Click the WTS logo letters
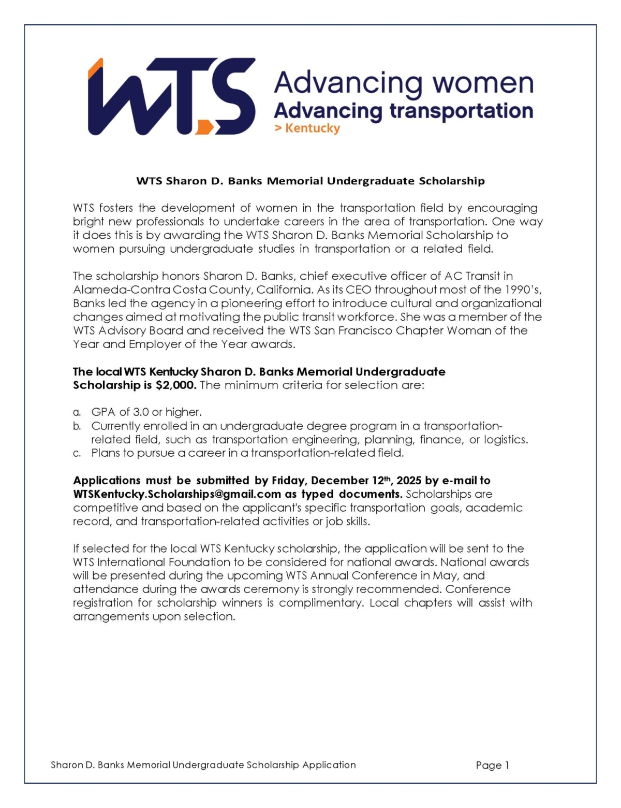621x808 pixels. pos(171,97)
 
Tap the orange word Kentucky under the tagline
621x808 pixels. pos(312,128)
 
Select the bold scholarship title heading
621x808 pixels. pos(310,181)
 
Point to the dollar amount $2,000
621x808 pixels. pos(176,385)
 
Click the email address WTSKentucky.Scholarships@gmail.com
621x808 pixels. pos(177,494)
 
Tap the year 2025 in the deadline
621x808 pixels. pos(409,481)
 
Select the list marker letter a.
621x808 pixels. pos(77,412)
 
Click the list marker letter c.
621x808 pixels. pos(77,453)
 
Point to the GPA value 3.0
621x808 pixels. pos(141,412)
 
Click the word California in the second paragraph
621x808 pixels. pos(284,290)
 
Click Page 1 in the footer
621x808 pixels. pos(492,765)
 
